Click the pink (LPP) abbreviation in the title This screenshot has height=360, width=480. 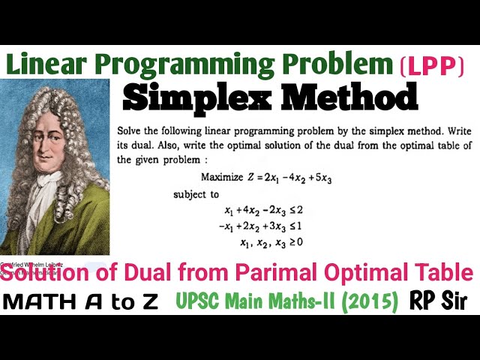coord(433,66)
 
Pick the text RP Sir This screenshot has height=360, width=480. coord(439,301)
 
